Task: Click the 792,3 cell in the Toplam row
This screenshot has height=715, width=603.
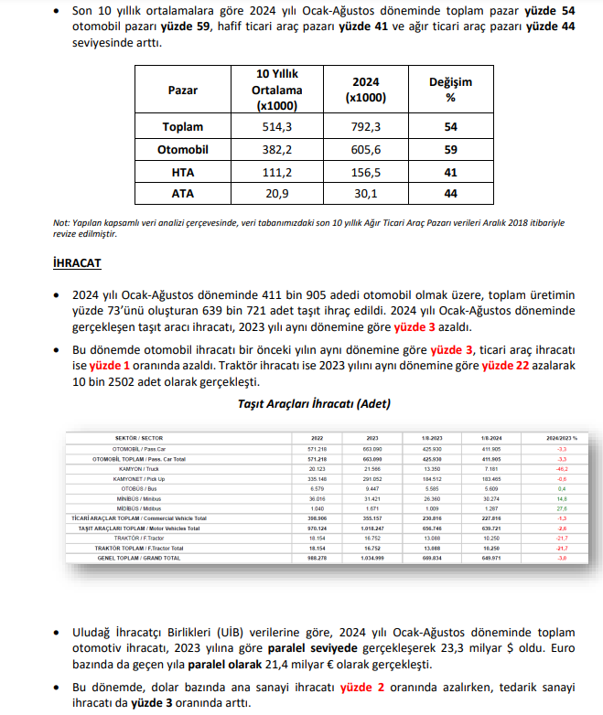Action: tap(366, 126)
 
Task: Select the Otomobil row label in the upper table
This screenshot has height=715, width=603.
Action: tap(183, 149)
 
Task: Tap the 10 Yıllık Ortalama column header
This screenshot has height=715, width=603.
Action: tap(277, 90)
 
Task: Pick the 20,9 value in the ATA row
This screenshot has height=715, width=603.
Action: tap(277, 194)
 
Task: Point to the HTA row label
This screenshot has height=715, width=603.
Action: tap(183, 172)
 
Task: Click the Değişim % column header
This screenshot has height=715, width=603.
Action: tap(450, 90)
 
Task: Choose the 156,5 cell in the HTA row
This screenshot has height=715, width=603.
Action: tap(366, 172)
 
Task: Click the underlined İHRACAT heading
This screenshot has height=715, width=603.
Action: tap(78, 263)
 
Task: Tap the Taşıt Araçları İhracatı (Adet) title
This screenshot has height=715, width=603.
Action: tap(301, 403)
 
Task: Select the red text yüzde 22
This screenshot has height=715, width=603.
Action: tap(508, 365)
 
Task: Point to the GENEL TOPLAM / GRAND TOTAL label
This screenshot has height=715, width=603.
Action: tap(139, 558)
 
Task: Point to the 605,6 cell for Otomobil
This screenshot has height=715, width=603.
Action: tap(366, 149)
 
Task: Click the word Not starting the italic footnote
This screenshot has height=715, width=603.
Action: tap(60, 222)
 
